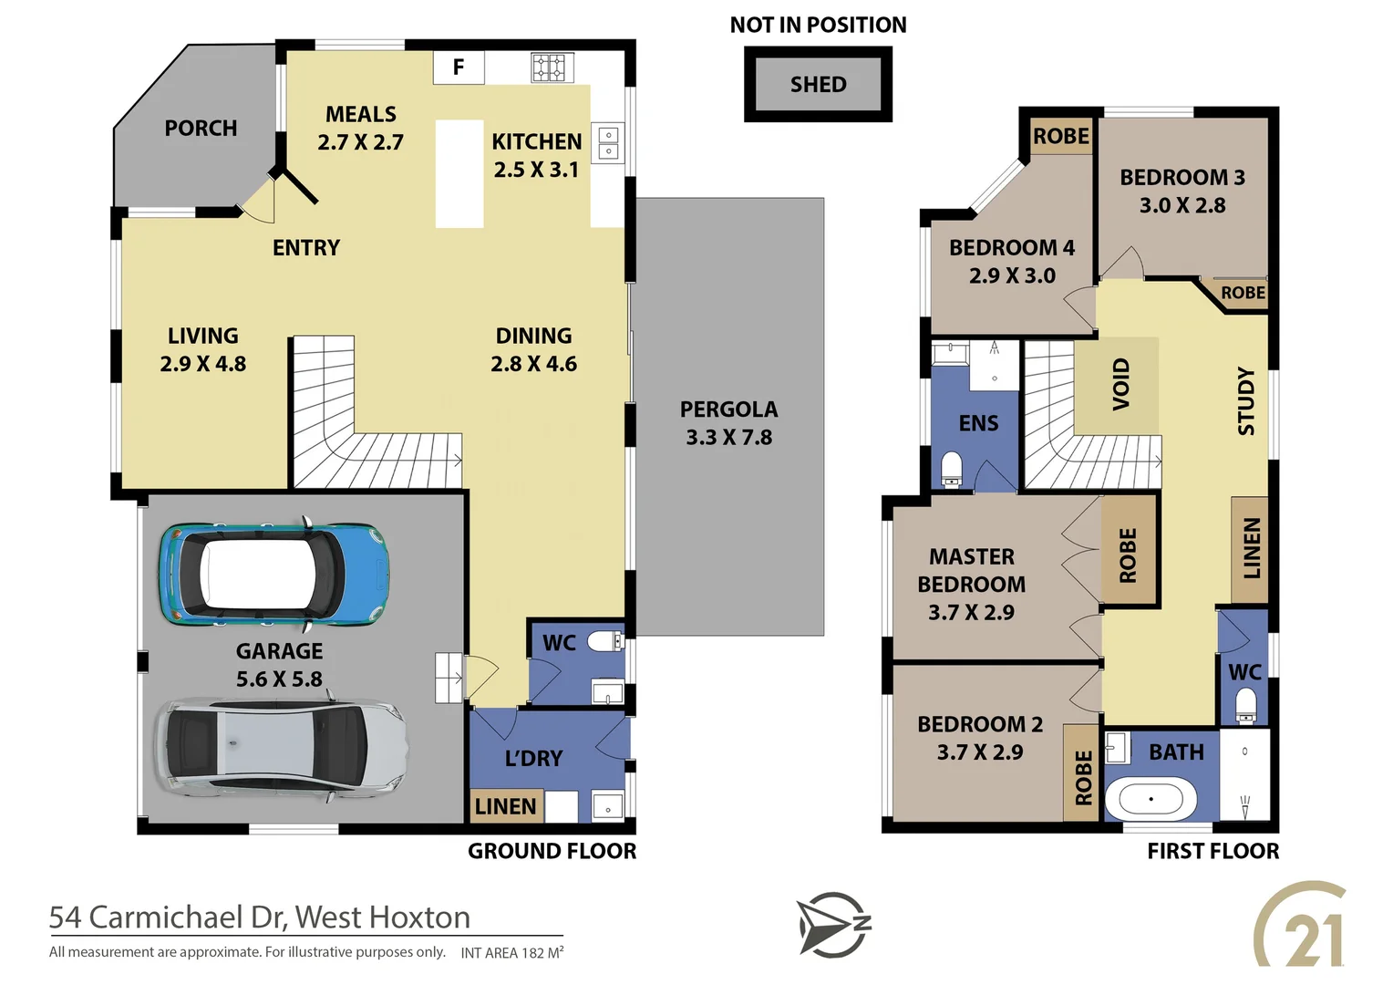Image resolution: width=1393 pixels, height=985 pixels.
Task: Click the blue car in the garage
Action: tap(274, 575)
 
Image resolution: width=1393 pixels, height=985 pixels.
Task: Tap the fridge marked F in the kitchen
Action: tap(459, 67)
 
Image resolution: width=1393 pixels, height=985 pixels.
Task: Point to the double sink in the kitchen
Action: tap(608, 143)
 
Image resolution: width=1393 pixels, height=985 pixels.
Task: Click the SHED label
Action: tap(818, 85)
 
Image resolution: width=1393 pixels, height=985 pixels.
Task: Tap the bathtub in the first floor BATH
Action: tap(1151, 800)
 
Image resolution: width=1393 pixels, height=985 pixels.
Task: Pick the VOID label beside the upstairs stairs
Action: tap(1120, 384)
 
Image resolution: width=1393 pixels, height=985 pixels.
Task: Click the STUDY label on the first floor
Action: tap(1246, 401)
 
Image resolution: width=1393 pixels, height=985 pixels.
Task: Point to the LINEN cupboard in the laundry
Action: tap(506, 806)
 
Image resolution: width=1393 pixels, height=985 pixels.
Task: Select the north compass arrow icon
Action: tap(833, 925)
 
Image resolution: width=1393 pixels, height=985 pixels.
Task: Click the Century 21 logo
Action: tap(1301, 925)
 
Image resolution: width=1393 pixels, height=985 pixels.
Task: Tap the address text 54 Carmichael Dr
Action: tap(259, 917)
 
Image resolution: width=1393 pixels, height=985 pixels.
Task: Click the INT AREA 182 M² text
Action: tap(511, 953)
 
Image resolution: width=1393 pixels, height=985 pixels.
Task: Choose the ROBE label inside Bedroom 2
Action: tap(1083, 777)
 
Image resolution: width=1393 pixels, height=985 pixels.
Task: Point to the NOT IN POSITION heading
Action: tap(818, 26)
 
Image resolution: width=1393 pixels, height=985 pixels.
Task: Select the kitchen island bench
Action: tap(459, 173)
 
